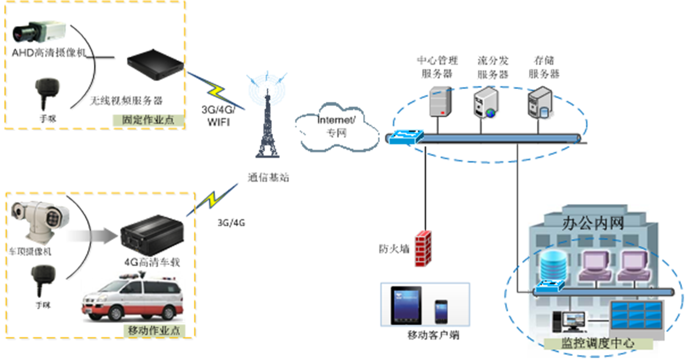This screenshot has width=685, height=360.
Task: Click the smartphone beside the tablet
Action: click(x=441, y=311)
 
